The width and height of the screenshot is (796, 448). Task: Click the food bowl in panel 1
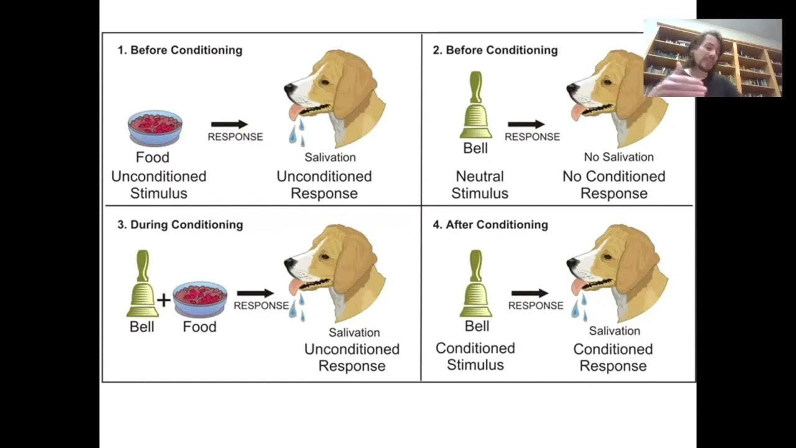(155, 128)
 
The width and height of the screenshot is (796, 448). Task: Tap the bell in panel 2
(476, 106)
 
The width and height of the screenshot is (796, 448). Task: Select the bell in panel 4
(476, 284)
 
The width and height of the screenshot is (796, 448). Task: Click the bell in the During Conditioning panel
(142, 284)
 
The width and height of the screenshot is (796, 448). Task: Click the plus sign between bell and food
(164, 301)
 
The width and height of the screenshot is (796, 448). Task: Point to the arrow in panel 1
(229, 124)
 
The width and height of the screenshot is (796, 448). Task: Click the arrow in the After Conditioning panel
(530, 293)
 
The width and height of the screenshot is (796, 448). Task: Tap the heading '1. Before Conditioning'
(180, 50)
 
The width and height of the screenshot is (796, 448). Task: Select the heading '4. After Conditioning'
(490, 225)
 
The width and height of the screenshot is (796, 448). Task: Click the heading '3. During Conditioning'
(180, 225)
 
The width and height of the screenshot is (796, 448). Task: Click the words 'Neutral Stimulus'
(479, 185)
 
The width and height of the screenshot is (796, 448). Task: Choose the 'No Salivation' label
(619, 157)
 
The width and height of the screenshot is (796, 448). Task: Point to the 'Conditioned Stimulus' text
(475, 357)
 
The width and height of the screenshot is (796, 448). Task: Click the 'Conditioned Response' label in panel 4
(613, 357)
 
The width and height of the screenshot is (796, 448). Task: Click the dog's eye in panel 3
(325, 256)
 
